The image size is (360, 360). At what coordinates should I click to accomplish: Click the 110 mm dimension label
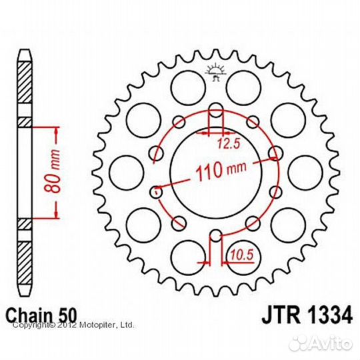(x=217, y=173)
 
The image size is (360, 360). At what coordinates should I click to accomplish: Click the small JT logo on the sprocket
(x=215, y=71)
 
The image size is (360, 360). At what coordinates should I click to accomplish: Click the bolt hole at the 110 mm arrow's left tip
(x=157, y=191)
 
